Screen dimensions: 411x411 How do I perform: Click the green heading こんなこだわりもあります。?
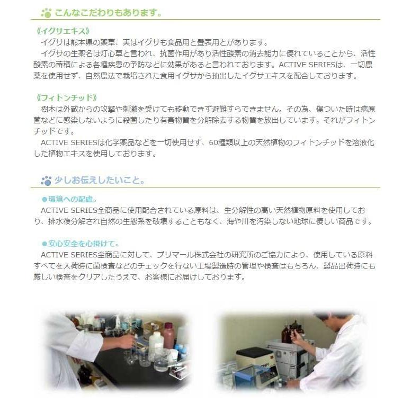(109, 12)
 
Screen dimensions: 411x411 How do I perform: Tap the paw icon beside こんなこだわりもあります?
(47, 12)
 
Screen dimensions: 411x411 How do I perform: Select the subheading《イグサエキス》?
(60, 31)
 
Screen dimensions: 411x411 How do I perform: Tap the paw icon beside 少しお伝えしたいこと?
(47, 181)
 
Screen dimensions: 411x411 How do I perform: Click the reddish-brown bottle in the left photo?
(169, 336)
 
